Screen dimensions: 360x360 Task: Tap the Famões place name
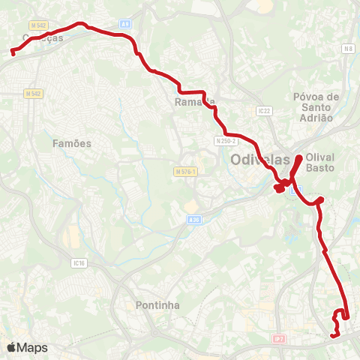pos(72,142)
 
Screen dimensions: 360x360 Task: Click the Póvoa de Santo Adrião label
pos(316,107)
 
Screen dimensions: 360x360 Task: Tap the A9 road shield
pos(124,24)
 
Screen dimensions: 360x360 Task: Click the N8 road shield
pos(347,49)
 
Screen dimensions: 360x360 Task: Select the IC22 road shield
pos(262,111)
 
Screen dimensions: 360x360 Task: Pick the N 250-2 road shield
pos(225,140)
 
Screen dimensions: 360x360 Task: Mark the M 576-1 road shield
pos(184,172)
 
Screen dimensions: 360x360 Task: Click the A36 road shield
pos(194,220)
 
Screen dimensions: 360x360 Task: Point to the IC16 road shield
pos(80,263)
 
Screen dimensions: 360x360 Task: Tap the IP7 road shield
pos(279,340)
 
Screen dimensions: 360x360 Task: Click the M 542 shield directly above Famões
pos(32,94)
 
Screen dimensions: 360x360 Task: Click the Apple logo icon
pos(11,347)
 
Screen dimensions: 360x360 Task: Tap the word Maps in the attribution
pos(32,348)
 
